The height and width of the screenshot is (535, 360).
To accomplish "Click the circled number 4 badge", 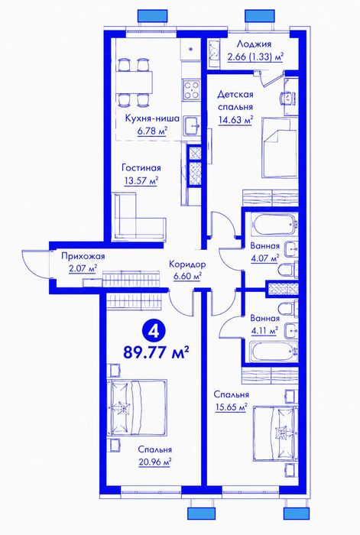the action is tap(154, 331).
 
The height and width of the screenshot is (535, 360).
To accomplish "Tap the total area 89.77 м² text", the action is tap(156, 352).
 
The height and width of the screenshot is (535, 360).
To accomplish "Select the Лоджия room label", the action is tap(255, 44).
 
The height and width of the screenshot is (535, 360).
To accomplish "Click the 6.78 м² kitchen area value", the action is tap(152, 131).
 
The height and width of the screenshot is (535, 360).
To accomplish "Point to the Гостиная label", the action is tap(141, 168).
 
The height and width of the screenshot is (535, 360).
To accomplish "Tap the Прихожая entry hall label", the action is tap(83, 256).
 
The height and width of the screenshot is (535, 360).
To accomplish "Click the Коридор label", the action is tap(187, 264).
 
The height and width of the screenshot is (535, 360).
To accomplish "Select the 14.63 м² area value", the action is tap(235, 120).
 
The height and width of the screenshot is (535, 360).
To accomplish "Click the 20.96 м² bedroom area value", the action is tap(155, 462).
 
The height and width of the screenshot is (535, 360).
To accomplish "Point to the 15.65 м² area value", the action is tap(231, 407).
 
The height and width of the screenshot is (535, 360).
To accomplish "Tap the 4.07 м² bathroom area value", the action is tap(264, 258).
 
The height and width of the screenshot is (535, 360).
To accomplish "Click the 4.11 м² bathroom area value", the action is tap(264, 331).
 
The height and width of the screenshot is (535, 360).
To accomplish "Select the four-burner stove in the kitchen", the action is tap(191, 89).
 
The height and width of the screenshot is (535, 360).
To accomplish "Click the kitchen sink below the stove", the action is tap(193, 126).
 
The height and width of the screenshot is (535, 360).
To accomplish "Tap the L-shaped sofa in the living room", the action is tap(140, 216).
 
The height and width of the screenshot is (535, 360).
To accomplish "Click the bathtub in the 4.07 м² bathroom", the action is tap(274, 224).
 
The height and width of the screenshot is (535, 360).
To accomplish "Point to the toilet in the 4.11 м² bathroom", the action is tap(287, 309).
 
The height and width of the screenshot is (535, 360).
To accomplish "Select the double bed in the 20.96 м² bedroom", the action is tap(137, 407).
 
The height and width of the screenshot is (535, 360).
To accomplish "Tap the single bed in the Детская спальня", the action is tap(279, 148).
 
